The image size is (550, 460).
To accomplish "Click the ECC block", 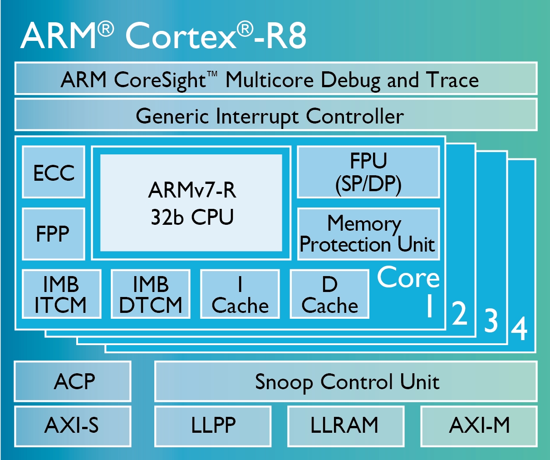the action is tap(54, 172).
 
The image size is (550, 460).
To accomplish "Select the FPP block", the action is tap(54, 234).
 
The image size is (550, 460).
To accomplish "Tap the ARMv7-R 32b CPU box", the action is tap(191, 203).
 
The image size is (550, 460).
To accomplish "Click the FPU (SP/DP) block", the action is tap(368, 172).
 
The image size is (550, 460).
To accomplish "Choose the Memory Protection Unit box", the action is tap(368, 234).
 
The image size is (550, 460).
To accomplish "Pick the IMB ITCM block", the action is tap(62, 294).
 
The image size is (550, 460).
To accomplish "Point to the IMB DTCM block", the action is tap(151, 294).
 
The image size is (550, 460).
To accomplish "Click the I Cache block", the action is tap(240, 294).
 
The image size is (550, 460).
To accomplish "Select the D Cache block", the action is tap(329, 294).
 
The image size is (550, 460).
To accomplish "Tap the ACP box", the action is tap(73, 381).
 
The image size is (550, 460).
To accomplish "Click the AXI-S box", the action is tap(73, 426).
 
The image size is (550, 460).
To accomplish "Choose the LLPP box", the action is tap(213, 426).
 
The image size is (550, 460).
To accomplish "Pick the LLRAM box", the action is tap(346, 426).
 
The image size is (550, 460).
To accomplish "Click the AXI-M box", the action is tap(479, 426).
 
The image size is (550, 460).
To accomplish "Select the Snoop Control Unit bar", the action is tap(346, 381).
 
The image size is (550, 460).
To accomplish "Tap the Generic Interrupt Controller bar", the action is tap(276, 115).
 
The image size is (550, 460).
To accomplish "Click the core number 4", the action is tap(519, 329).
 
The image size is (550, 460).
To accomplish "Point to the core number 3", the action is tap(491, 320).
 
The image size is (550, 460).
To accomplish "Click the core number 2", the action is tap(460, 312).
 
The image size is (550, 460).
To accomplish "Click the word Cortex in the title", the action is tap(181, 35).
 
